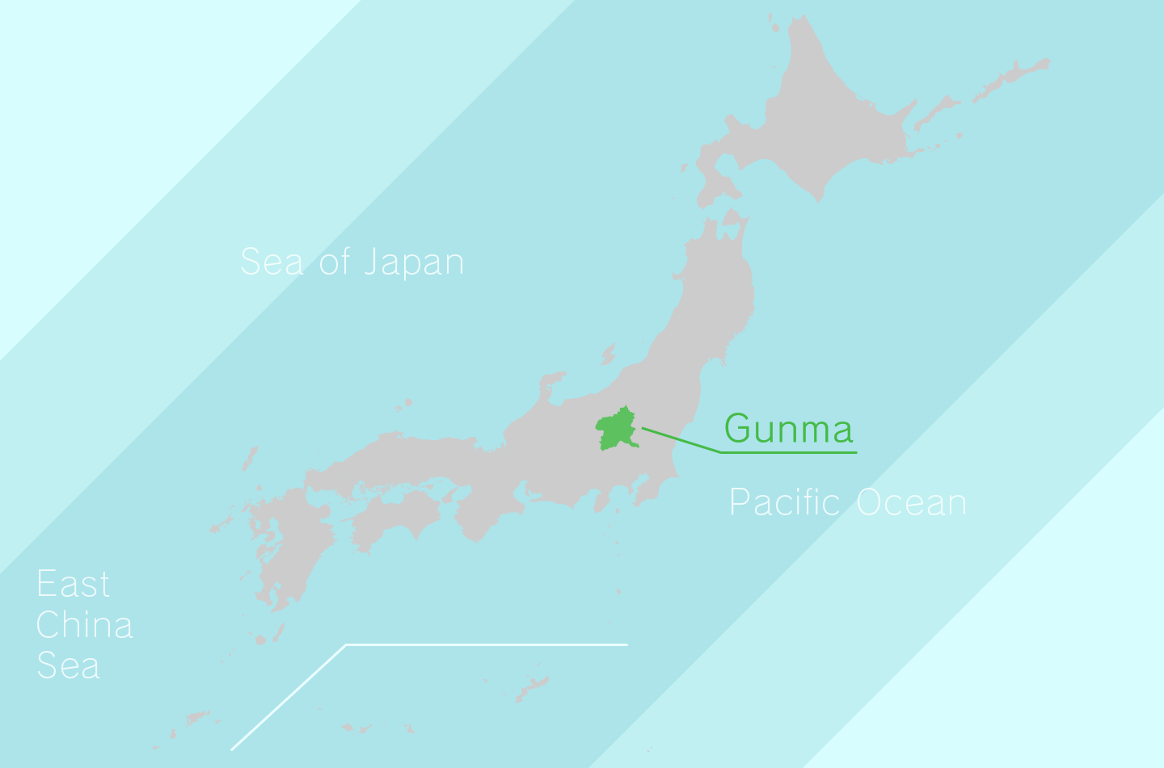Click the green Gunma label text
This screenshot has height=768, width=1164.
click(788, 428)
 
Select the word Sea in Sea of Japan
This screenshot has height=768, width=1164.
click(272, 262)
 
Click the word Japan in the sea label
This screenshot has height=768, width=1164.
click(413, 262)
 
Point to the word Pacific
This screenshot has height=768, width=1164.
click(785, 502)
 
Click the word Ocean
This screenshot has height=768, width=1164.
click(911, 502)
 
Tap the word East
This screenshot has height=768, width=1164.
click(73, 584)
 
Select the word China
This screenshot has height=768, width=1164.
click(84, 625)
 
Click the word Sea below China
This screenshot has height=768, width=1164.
click(68, 665)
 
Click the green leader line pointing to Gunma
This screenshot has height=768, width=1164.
click(681, 440)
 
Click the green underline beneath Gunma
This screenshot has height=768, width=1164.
click(789, 452)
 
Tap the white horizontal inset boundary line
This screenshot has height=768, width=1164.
click(485, 644)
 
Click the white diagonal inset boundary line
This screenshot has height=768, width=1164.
click(289, 697)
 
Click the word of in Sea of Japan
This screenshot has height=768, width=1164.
click(335, 262)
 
